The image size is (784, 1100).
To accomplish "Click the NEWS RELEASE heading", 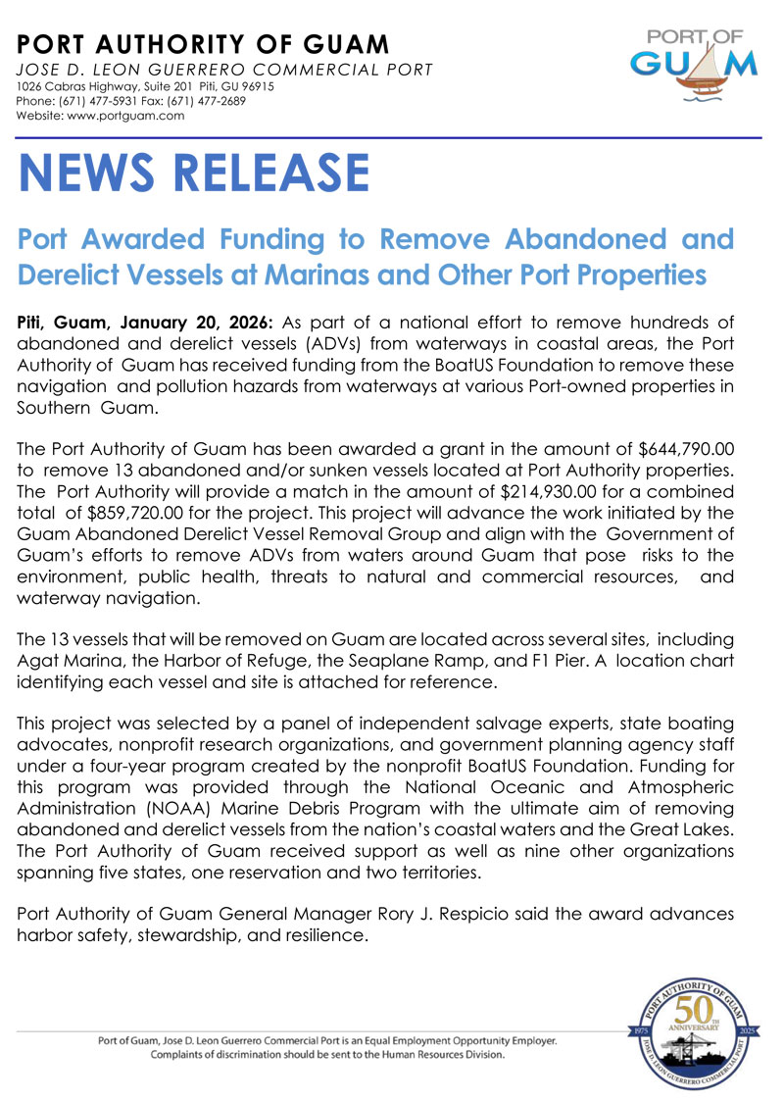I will tap(194, 173).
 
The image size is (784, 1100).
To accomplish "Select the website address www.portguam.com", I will tap(130, 116).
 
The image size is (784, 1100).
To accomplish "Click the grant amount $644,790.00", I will tap(685, 449).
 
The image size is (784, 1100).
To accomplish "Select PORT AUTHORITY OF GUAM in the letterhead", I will tap(203, 44).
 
